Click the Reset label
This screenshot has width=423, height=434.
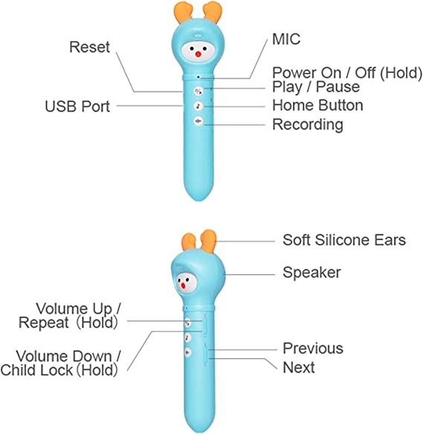pyautogui.click(x=89, y=47)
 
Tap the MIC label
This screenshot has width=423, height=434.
pyautogui.click(x=286, y=39)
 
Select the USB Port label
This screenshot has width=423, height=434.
pyautogui.click(x=77, y=106)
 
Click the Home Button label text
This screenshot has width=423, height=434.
pyautogui.click(x=317, y=106)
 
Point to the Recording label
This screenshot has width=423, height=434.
pyautogui.click(x=308, y=125)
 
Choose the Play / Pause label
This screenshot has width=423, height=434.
pyautogui.click(x=316, y=87)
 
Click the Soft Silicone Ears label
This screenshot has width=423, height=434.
pyautogui.click(x=344, y=240)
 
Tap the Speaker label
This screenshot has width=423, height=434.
pyautogui.click(x=311, y=273)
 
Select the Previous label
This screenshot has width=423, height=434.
pyautogui.click(x=313, y=349)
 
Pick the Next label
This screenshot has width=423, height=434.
pyautogui.click(x=299, y=368)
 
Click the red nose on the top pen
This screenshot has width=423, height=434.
pyautogui.click(x=198, y=54)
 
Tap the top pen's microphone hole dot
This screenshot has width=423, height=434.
pyautogui.click(x=198, y=77)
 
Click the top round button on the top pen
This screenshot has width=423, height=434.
pyautogui.click(x=198, y=91)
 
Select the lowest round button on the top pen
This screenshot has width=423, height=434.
pyautogui.click(x=198, y=121)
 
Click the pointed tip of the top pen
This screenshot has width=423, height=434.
pyautogui.click(x=198, y=200)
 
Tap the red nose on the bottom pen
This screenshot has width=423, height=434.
pyautogui.click(x=183, y=285)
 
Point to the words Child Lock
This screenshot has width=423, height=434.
pyautogui.click(x=36, y=370)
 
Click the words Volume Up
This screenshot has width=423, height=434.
pyautogui.click(x=74, y=309)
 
